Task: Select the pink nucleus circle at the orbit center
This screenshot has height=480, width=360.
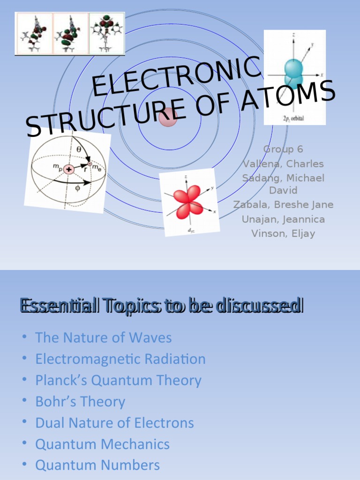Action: (x=168, y=117)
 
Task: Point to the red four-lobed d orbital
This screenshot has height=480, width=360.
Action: (x=189, y=202)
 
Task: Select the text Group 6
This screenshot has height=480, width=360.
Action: (x=283, y=150)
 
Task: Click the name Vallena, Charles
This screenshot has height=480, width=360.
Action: (x=283, y=164)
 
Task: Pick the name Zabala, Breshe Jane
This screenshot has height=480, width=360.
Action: (x=283, y=205)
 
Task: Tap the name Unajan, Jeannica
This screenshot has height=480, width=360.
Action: (x=283, y=219)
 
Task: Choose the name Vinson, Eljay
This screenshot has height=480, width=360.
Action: (x=283, y=233)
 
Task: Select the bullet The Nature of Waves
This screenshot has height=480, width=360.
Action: (x=104, y=337)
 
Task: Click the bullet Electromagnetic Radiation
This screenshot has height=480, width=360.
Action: (x=120, y=359)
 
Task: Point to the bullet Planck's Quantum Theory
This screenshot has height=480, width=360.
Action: (x=118, y=380)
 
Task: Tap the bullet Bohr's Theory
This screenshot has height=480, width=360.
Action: (x=80, y=402)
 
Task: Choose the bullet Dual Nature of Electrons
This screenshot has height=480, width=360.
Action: (x=114, y=423)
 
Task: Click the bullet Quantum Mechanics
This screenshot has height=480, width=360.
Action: (x=102, y=444)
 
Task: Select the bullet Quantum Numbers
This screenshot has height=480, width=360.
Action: (x=97, y=465)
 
